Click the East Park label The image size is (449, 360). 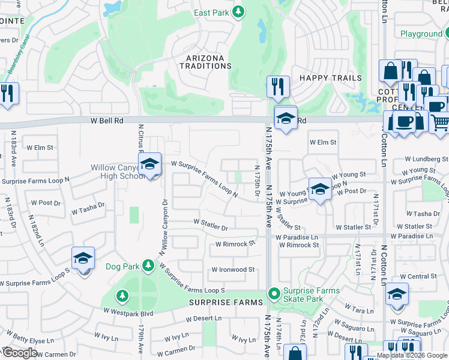point(211,13)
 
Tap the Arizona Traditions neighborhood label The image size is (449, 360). point(205,62)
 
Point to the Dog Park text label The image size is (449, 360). point(122,266)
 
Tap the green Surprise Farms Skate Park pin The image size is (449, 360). point(274,294)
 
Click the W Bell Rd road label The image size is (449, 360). point(107,121)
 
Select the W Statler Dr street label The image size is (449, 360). point(211,227)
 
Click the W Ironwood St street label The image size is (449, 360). point(233,270)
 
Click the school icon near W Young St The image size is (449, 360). point(321,189)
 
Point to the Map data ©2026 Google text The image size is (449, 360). point(412,355)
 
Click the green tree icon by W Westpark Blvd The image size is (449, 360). point(122,296)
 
